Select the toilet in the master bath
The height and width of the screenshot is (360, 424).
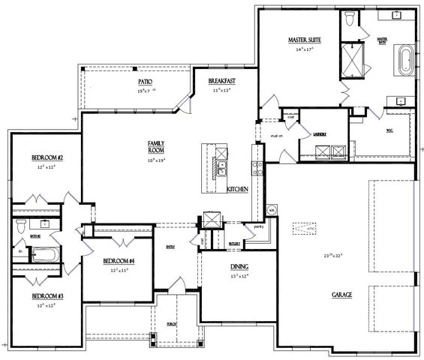click(x=350, y=18)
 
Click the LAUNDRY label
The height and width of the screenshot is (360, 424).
click(x=323, y=133)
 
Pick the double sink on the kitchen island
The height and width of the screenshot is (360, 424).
click(x=223, y=166)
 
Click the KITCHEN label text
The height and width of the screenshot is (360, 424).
click(x=237, y=190)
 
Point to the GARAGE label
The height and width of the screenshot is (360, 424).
click(x=342, y=295)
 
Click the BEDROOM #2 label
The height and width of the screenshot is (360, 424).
click(x=46, y=157)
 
